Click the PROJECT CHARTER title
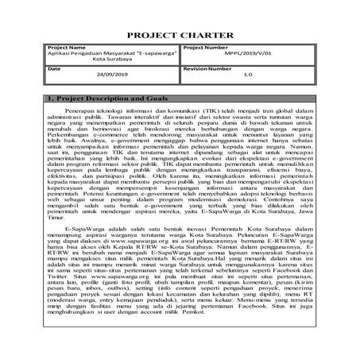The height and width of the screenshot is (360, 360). coord(180,36)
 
